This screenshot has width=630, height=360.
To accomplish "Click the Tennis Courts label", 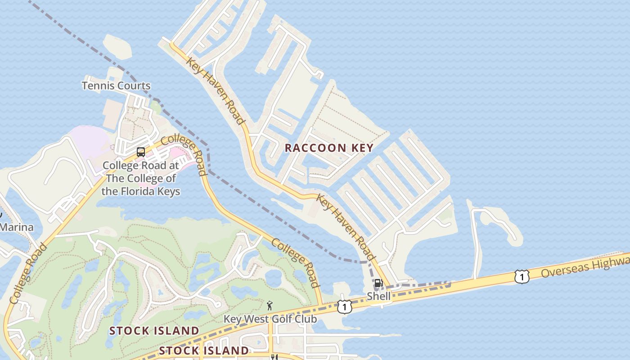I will [116, 85].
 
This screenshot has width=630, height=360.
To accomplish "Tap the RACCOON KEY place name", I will [329, 148].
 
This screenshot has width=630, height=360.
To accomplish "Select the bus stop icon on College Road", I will [141, 152].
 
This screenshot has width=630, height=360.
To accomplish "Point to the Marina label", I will [17, 227].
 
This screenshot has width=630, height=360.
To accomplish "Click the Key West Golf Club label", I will [270, 319].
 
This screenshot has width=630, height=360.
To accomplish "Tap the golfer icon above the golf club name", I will [270, 306].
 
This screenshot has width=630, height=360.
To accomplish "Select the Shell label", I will [378, 296].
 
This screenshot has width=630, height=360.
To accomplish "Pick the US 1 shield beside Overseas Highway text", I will [522, 277].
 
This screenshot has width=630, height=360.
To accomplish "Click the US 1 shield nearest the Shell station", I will [344, 307].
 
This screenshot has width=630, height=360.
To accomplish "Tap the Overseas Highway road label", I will [585, 267].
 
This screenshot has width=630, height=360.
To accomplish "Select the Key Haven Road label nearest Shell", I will [346, 227].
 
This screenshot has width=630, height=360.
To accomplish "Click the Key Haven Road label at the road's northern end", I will [215, 90].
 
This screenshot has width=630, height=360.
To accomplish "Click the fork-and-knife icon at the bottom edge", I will [274, 357].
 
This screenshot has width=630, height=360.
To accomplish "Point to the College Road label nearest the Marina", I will [28, 273].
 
